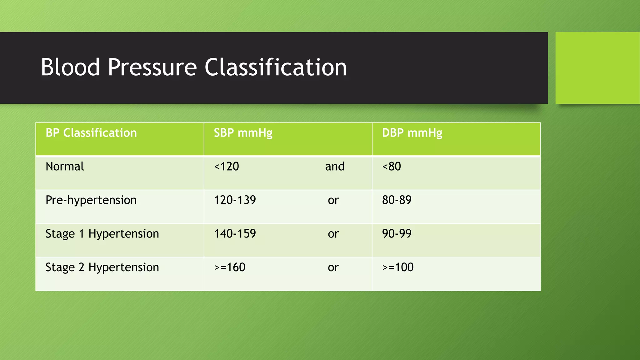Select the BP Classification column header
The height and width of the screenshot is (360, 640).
[x=91, y=133]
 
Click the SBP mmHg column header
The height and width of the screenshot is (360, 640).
[x=243, y=133]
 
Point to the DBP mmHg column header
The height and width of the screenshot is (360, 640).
[x=412, y=133]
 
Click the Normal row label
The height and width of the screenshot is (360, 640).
[x=65, y=167]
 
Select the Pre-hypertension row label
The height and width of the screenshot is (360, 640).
[x=91, y=200]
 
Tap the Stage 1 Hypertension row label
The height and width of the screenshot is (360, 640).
[x=102, y=234]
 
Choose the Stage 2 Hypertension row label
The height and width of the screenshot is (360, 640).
[x=102, y=267]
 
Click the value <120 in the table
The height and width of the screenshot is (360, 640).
[x=226, y=167]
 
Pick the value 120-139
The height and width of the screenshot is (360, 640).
[x=235, y=200]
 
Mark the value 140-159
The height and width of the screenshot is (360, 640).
[x=235, y=234]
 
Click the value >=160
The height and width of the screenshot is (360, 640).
[x=230, y=267]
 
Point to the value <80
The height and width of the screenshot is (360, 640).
[x=392, y=167]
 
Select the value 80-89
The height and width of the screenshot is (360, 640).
[x=397, y=200]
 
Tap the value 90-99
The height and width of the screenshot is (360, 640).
[x=397, y=234]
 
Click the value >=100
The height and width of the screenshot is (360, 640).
[x=398, y=267]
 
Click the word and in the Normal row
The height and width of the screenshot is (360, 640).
[x=335, y=167]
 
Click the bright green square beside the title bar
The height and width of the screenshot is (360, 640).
[x=597, y=68]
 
